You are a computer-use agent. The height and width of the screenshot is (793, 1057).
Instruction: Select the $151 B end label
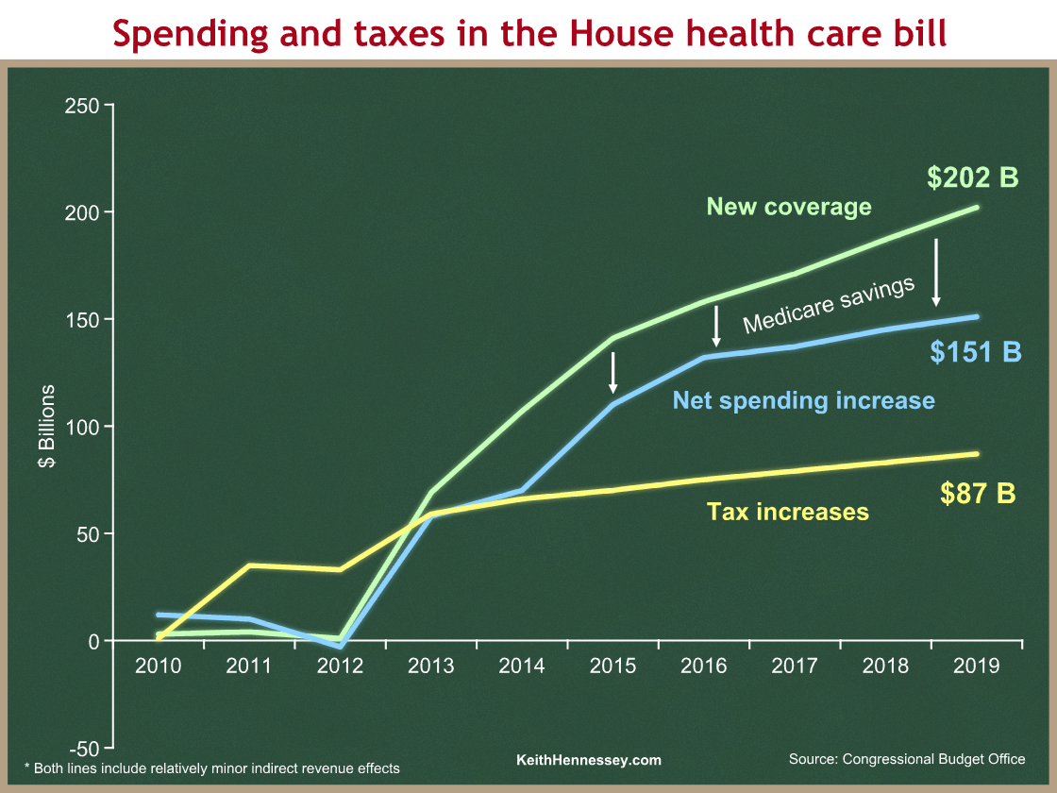click(976, 351)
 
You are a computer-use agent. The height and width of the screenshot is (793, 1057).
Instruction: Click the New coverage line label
click(789, 207)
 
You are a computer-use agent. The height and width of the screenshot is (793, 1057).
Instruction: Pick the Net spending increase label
click(803, 400)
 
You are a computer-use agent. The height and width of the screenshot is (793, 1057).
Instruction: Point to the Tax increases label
click(787, 513)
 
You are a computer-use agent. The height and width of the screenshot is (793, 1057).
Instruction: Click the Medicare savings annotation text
click(829, 305)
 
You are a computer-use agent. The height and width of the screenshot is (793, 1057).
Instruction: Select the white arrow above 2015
click(613, 373)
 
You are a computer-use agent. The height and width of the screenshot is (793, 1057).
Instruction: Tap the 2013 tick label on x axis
click(431, 666)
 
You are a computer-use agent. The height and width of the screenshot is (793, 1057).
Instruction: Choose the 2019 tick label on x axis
click(976, 666)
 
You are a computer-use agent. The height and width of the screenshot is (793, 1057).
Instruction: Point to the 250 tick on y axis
click(82, 105)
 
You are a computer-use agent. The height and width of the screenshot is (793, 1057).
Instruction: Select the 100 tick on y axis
click(82, 427)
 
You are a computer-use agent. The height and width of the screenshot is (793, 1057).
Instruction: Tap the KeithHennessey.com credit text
click(589, 760)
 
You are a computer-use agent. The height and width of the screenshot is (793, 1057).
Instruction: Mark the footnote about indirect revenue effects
click(211, 768)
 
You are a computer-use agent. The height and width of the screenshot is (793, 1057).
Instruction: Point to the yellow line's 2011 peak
click(249, 565)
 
